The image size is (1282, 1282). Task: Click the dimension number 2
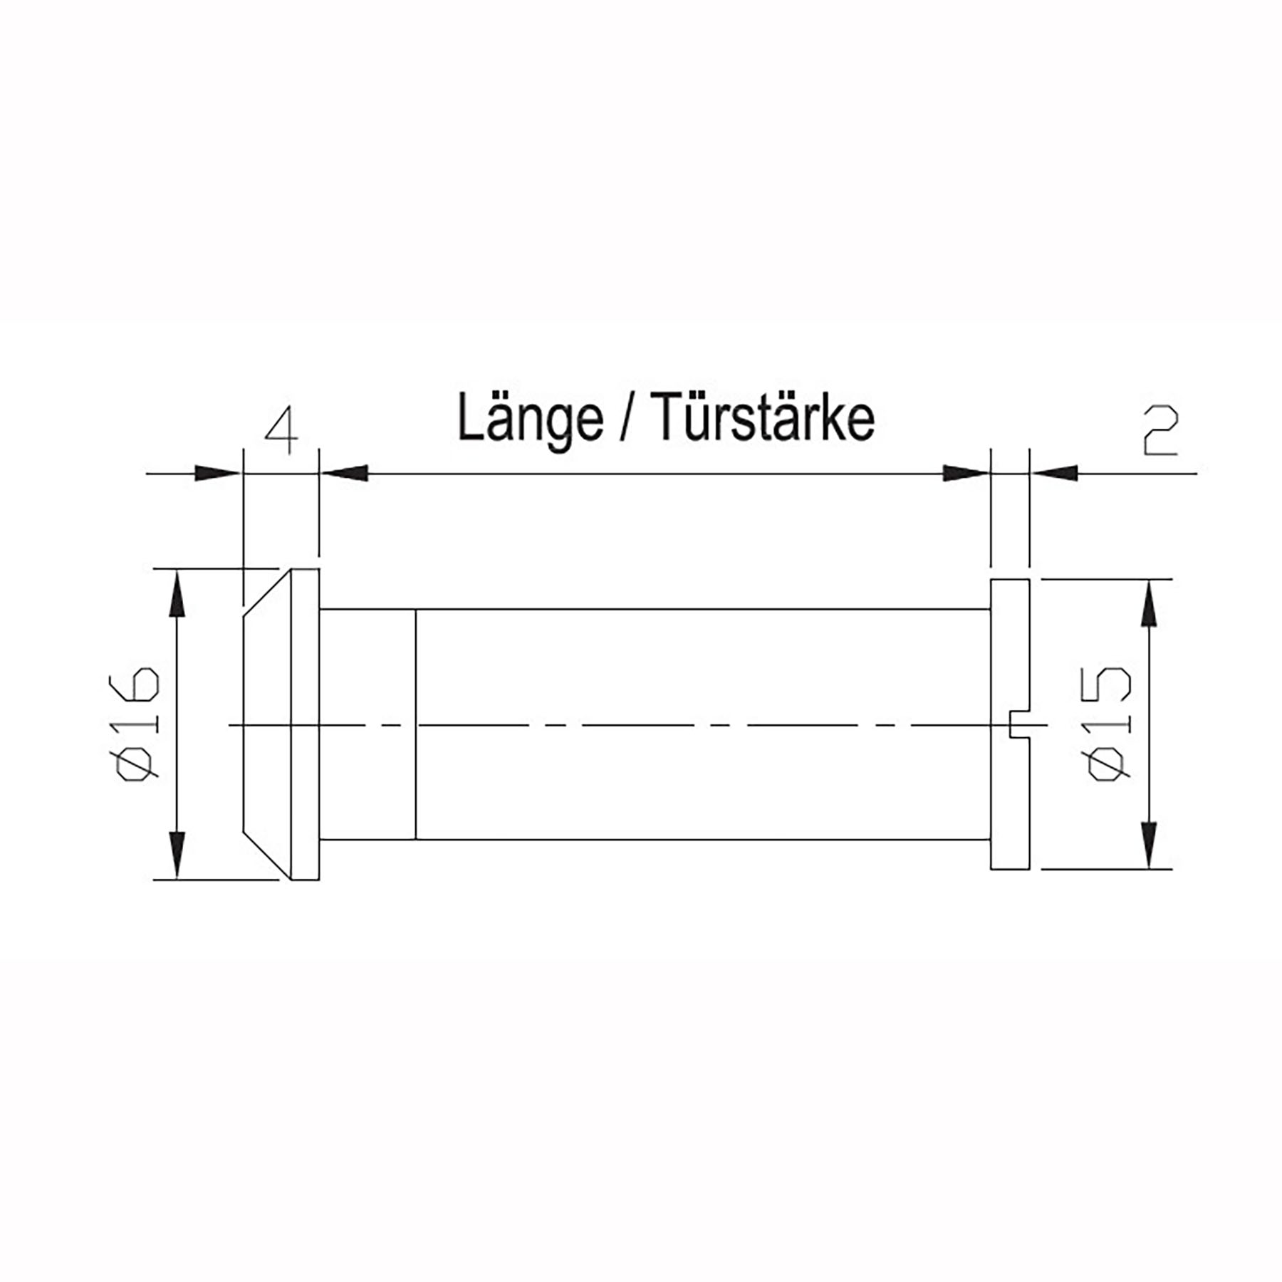[1159, 432]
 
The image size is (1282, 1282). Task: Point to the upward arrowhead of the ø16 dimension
[177, 595]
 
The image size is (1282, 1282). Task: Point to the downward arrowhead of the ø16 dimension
[177, 853]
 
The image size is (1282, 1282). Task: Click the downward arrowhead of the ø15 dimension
[1148, 843]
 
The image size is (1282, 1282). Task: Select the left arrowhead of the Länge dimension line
[345, 473]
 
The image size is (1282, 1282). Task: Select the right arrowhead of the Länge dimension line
[965, 473]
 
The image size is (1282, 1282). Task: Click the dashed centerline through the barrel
[641, 725]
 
